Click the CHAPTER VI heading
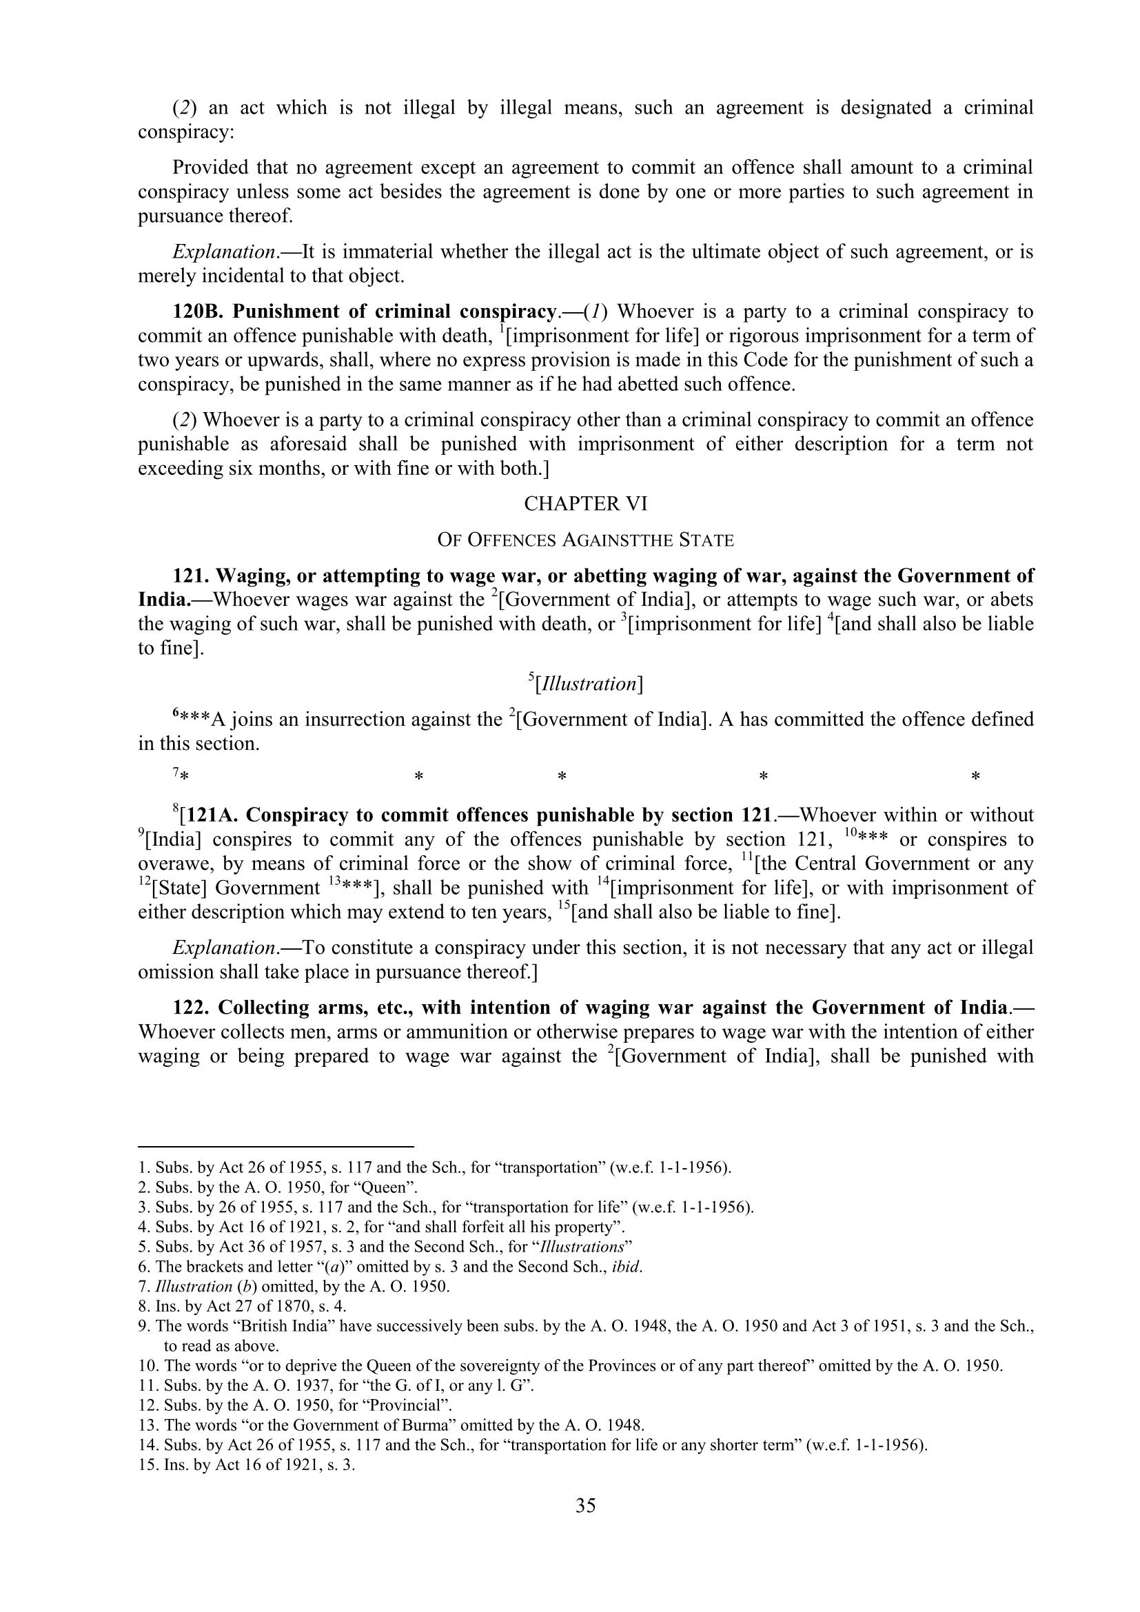coord(585,503)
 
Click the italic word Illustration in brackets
coord(585,684)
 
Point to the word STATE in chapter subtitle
coord(706,540)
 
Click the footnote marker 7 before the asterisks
coord(176,773)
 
